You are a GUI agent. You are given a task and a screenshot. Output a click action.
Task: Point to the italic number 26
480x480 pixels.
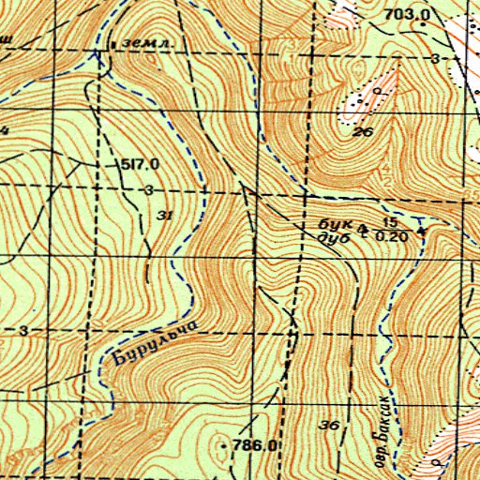coord(364,132)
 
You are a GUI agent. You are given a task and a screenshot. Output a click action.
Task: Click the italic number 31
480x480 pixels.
coord(166,216)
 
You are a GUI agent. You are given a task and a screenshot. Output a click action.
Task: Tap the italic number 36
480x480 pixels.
coord(328,426)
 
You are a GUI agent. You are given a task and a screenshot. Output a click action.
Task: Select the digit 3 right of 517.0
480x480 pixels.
coord(149,190)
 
